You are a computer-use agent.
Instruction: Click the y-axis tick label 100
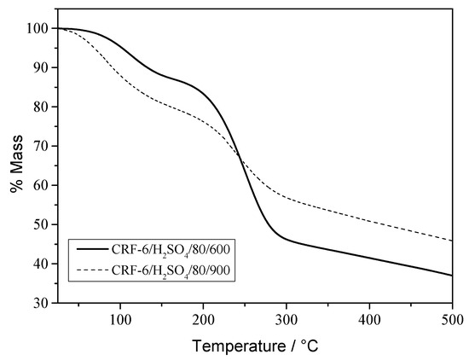coord(37,28)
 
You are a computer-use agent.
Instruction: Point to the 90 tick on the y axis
coord(40,67)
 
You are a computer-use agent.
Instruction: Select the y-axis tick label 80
coord(40,107)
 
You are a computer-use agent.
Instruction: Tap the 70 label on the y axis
coord(40,146)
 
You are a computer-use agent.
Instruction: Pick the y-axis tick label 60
coord(40,185)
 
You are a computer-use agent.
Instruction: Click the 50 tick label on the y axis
coord(40,224)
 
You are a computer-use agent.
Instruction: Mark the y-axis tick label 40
coord(40,264)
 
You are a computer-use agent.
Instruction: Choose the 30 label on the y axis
coord(40,303)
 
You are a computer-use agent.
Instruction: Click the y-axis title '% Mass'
coord(14,165)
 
